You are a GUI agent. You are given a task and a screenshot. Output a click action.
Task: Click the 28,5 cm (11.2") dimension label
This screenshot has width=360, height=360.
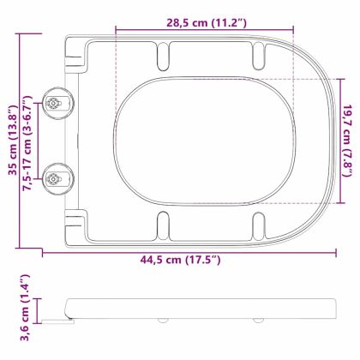click(204, 24)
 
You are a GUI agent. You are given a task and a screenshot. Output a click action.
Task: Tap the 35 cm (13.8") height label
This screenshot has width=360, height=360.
click(12, 137)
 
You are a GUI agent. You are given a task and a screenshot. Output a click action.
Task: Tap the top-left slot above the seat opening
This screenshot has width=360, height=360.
click(161, 56)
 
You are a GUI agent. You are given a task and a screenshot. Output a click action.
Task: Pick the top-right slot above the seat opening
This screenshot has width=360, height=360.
click(255, 56)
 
